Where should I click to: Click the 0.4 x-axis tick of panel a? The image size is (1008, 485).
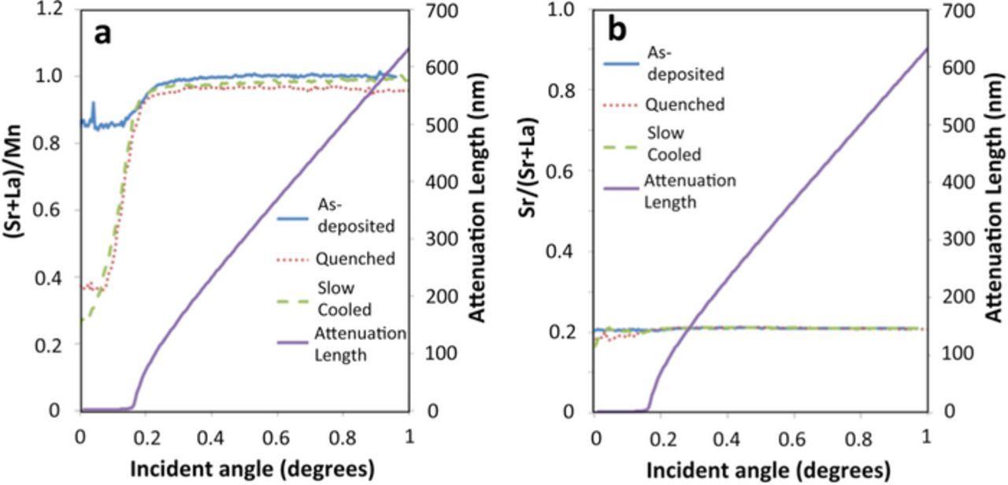(x=210, y=435)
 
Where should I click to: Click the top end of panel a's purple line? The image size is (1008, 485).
(x=409, y=49)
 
